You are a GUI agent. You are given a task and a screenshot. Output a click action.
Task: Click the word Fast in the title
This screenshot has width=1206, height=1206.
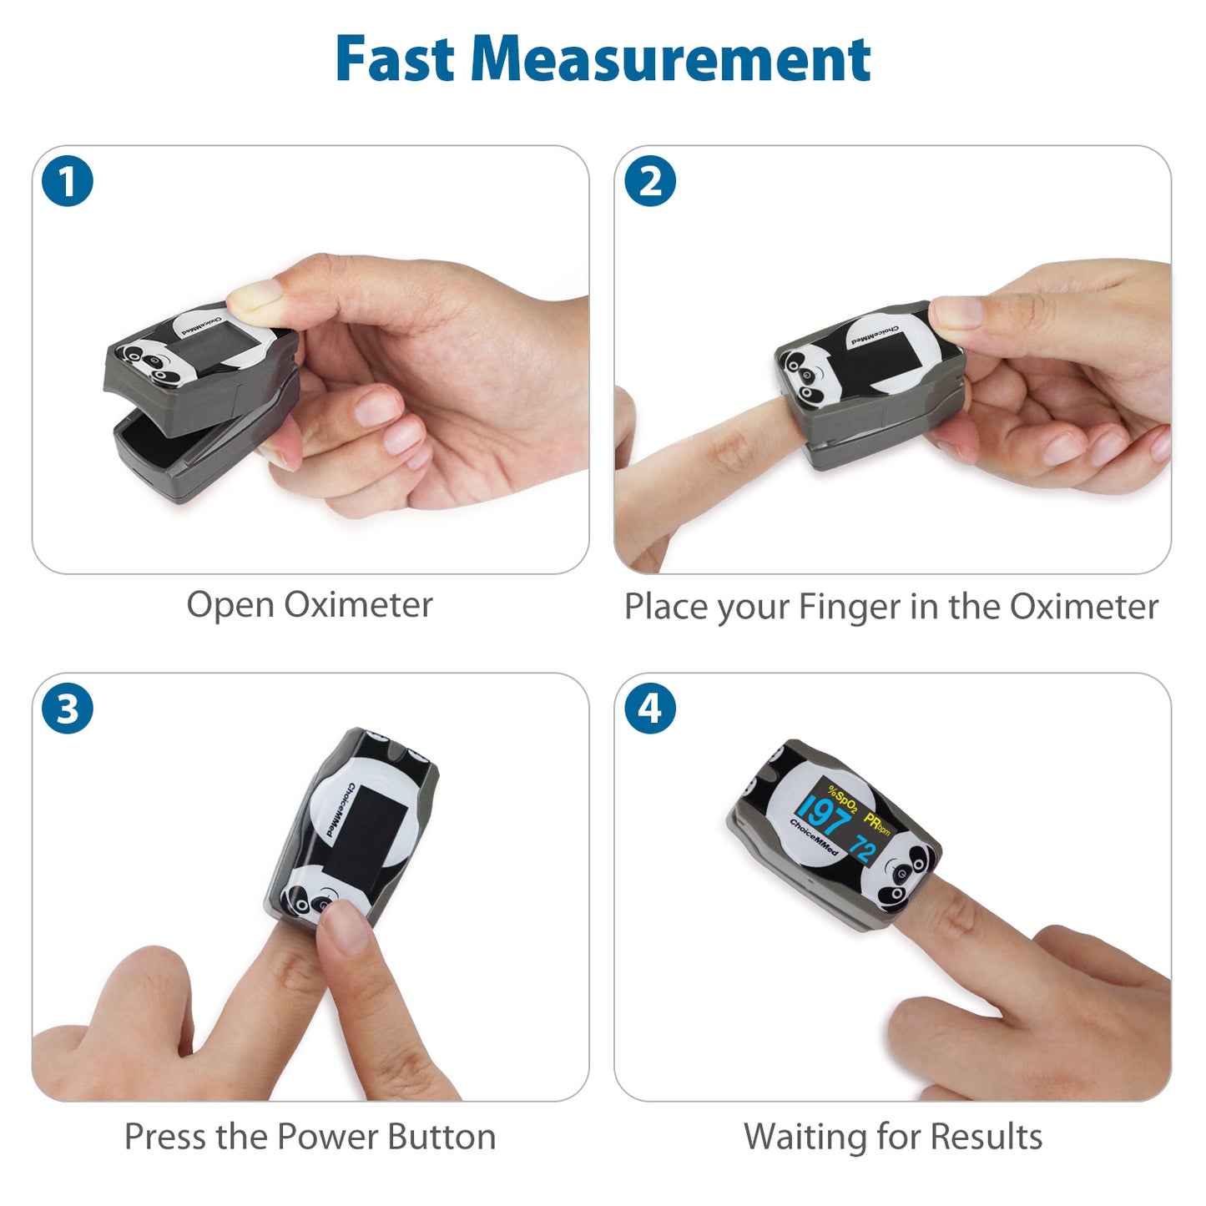click(394, 58)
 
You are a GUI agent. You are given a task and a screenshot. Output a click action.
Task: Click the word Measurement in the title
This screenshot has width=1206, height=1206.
click(670, 58)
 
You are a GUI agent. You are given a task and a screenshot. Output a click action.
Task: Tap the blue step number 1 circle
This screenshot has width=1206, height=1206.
click(68, 181)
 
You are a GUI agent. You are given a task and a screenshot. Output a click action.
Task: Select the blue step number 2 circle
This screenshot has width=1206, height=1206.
click(650, 181)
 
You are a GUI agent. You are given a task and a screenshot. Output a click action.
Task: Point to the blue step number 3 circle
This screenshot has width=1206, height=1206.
click(68, 709)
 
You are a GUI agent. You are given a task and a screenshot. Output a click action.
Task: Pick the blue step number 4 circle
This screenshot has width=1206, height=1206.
click(650, 709)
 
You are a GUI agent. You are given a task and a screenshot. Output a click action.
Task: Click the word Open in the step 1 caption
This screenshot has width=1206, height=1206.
click(230, 607)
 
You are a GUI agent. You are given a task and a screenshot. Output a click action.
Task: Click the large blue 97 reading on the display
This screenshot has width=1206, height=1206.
click(825, 815)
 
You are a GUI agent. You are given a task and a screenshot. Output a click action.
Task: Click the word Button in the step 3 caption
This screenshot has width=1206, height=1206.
click(442, 1137)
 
